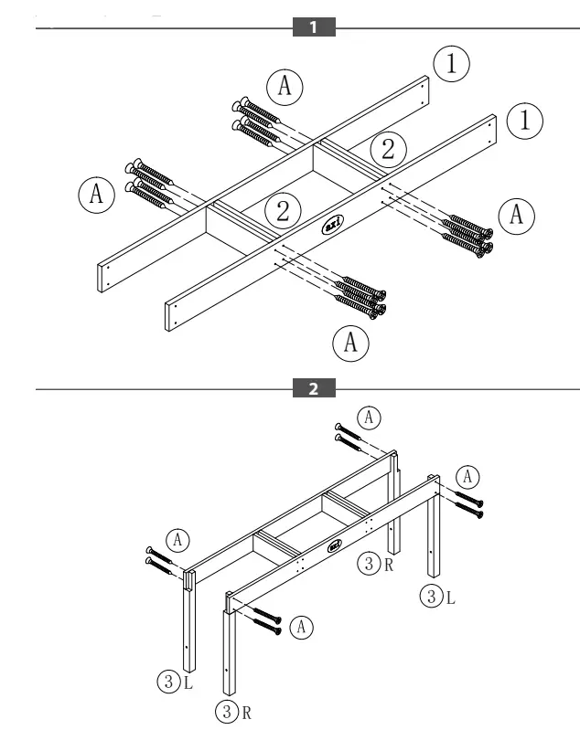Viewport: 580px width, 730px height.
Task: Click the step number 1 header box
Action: [313, 28]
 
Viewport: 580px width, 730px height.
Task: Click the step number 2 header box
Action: [313, 389]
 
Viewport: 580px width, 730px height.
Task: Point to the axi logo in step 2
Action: [333, 546]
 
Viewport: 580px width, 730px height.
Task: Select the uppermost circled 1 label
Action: [451, 64]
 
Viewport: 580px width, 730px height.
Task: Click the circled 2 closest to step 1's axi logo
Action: [283, 211]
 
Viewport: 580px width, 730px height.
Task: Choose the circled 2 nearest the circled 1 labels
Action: [388, 149]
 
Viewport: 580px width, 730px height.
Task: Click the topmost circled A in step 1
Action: [285, 84]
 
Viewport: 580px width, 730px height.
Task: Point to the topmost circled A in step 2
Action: [368, 417]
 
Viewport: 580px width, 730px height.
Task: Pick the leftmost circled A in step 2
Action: [179, 539]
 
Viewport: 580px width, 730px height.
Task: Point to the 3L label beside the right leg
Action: [433, 598]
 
